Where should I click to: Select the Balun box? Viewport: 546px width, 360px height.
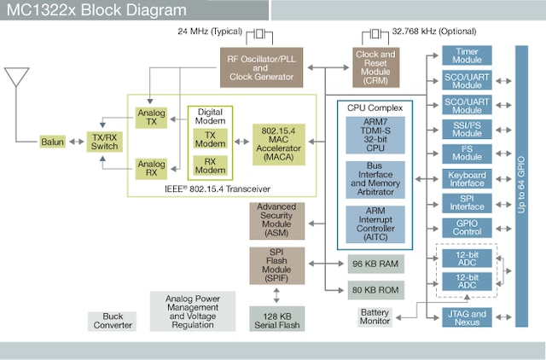(x=52, y=141)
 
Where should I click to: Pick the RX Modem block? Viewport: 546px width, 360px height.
(x=211, y=165)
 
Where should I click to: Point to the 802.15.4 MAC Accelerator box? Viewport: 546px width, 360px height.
(x=277, y=142)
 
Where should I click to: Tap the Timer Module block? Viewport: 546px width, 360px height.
(x=467, y=55)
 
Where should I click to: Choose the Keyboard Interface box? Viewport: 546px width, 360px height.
(x=467, y=178)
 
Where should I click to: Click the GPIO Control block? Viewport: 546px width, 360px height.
(x=467, y=228)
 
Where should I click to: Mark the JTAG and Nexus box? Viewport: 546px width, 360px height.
(x=467, y=316)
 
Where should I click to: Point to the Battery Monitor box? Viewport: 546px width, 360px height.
(x=375, y=316)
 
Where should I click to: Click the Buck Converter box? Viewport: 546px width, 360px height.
(x=112, y=320)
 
